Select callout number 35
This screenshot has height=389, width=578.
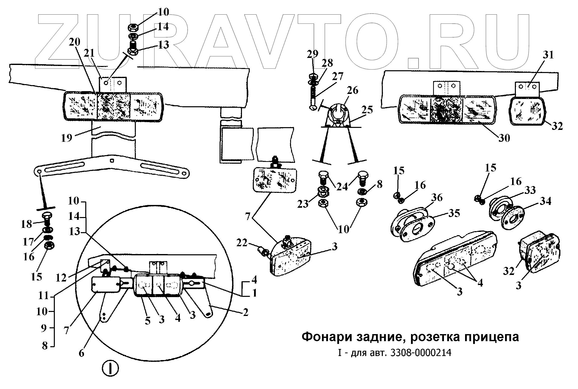coord(454,213)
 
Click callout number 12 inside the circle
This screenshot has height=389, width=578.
coord(61,277)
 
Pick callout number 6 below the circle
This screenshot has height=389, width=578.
coord(81,353)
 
